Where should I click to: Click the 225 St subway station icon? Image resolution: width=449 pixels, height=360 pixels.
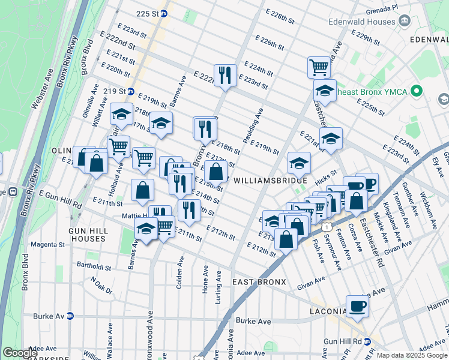pos(163,13)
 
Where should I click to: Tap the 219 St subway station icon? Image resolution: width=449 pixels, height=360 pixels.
pos(130,91)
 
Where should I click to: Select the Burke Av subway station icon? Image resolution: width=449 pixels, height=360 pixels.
pos(70,315)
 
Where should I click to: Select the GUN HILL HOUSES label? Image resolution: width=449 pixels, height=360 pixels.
pos(88,235)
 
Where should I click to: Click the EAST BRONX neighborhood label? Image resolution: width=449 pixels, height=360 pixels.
pos(259,282)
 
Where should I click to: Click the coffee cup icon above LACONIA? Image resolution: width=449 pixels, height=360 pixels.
pos(357,306)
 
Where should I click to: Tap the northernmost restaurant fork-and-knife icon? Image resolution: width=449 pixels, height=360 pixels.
pos(225,75)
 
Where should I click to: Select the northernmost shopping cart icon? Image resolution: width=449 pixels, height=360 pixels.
pos(319,67)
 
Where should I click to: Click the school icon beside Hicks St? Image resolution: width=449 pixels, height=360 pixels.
pos(299,162)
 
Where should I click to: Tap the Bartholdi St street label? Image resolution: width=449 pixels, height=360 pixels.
pos(94,264)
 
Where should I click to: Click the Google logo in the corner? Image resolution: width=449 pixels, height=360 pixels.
pos(20,353)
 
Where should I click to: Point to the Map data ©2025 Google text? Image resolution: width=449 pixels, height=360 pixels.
pos(411,355)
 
